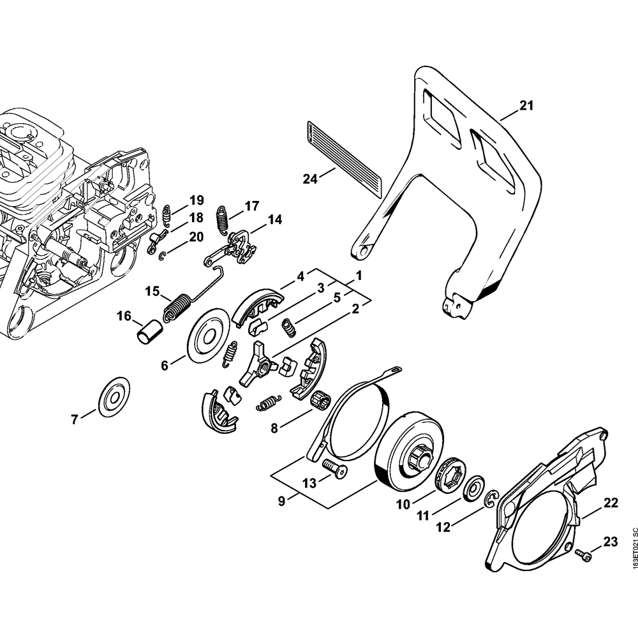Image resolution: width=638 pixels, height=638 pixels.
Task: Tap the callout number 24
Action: pos(310,179)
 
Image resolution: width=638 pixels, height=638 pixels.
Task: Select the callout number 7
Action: pos(75,419)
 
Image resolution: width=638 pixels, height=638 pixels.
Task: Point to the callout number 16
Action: pos(124,316)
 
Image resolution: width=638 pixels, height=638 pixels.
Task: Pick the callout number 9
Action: pos(281,501)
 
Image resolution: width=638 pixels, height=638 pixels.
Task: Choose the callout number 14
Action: pos(274,219)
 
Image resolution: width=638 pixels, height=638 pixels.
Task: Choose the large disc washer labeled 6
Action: pos(208,334)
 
